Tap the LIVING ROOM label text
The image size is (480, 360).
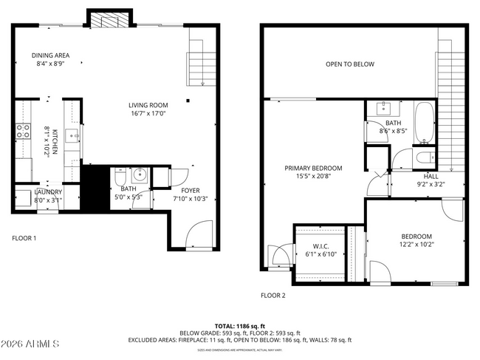tap(148, 105)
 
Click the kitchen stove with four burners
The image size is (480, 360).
tap(23, 132)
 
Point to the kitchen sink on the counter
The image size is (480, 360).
tap(72, 135)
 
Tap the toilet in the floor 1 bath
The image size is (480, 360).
tap(120, 178)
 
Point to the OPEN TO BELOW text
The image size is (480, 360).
tap(350, 64)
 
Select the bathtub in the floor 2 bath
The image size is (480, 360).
tap(425, 123)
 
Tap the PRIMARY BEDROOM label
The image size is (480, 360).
tap(314, 168)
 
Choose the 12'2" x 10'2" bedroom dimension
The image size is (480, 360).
tap(416, 245)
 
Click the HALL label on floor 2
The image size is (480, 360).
tap(431, 176)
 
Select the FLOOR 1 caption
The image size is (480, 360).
tap(24, 238)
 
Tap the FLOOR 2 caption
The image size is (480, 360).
tap(272, 295)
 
